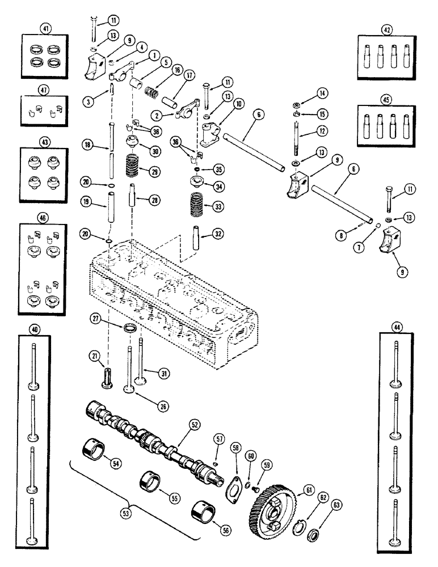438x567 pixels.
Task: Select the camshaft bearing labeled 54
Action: coord(95,454)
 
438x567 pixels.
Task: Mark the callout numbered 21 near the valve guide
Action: coord(94,355)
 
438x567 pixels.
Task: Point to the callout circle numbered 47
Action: coord(43,90)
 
